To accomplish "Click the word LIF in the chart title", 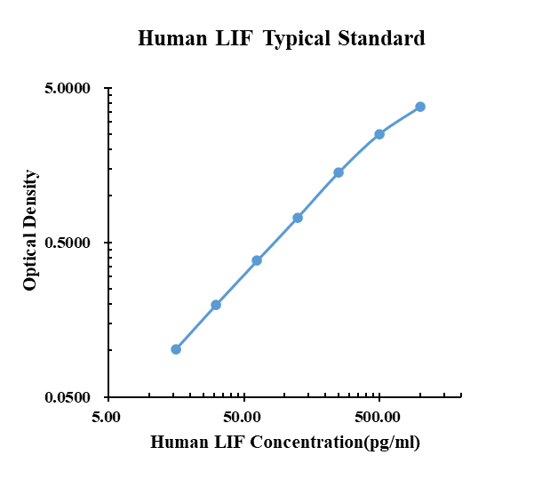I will coord(232,38).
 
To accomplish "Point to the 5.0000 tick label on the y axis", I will coord(68,89).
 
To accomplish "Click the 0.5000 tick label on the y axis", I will coord(68,243).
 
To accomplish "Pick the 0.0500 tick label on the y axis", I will coord(68,397).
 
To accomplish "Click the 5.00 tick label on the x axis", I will coord(108,416).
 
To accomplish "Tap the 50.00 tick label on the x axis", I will coord(243,416).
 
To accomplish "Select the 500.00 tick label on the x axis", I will coord(379,416).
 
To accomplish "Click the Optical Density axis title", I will coord(31,229).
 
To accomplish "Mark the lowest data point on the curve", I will coord(176,349).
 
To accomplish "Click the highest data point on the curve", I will coord(420,107).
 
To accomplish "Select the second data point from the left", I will coord(216,305).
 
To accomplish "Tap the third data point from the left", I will coord(257,260).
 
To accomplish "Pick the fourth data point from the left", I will coord(298,218).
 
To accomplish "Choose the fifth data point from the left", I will coord(339,172).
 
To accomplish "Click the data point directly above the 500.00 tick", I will coord(379,134).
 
